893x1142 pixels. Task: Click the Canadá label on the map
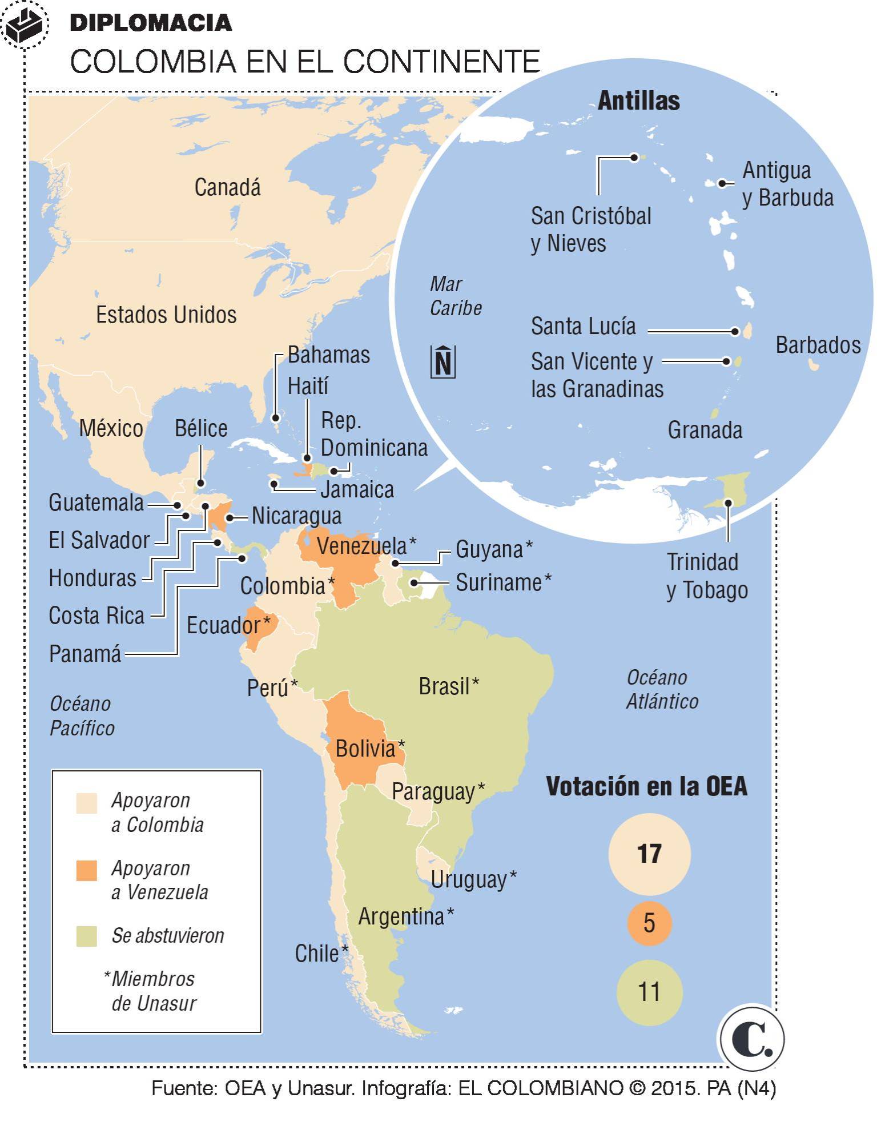(x=227, y=187)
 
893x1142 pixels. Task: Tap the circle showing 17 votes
(x=649, y=854)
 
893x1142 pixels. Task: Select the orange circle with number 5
(x=649, y=923)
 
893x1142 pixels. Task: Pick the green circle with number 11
(x=649, y=992)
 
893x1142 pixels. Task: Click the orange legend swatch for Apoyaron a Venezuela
(x=87, y=871)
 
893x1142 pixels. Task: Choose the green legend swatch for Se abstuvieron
(x=87, y=936)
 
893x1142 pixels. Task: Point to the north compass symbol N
(x=443, y=362)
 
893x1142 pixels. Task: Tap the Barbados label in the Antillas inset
(x=818, y=345)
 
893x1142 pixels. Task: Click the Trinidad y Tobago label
(x=707, y=576)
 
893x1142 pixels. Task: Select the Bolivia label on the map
(x=365, y=749)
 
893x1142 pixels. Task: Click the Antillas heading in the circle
(x=638, y=101)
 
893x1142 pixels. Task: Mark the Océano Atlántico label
(x=662, y=689)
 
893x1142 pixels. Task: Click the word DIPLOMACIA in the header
(x=151, y=23)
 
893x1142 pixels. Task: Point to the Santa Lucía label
(x=583, y=326)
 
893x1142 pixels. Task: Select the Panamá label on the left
(x=85, y=653)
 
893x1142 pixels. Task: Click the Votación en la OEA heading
(x=646, y=786)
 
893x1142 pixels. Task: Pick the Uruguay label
(x=469, y=879)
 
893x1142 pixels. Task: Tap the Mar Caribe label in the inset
(x=455, y=296)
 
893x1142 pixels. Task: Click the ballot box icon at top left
(x=24, y=23)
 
